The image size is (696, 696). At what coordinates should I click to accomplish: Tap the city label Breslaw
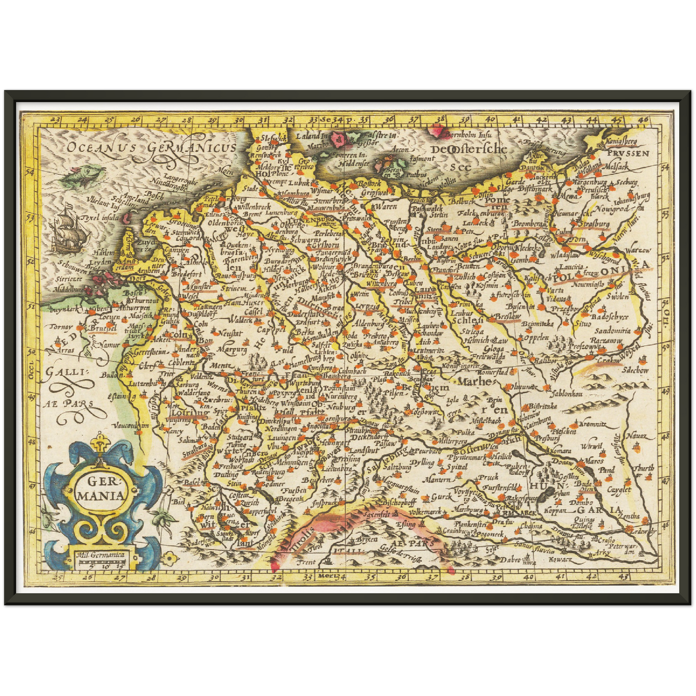tap(508, 317)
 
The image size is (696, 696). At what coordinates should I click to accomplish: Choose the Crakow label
tap(608, 360)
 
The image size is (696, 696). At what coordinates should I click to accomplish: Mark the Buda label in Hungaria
tap(583, 483)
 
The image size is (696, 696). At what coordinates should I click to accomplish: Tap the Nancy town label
tap(173, 432)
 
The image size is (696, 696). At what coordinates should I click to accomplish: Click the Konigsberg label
tap(621, 142)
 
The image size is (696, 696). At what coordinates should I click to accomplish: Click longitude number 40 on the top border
tap(490, 118)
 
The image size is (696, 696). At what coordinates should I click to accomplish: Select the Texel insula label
tap(100, 218)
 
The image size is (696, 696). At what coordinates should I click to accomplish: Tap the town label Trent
tap(306, 562)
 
